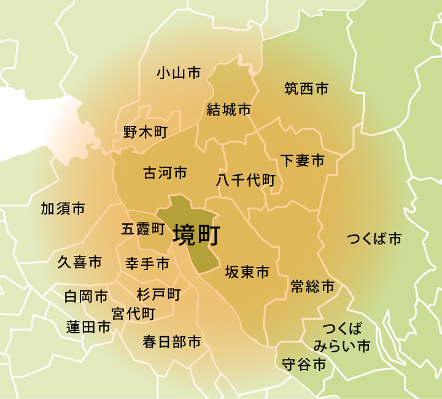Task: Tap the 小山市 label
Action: click(179, 74)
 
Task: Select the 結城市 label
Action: click(229, 110)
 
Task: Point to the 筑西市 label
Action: click(306, 89)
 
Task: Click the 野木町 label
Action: click(145, 132)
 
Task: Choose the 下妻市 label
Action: click(302, 161)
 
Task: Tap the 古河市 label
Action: click(165, 173)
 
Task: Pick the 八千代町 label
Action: click(246, 180)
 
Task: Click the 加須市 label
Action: click(63, 209)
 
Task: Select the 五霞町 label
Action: click(143, 229)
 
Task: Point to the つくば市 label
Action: click(374, 239)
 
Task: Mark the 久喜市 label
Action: click(80, 263)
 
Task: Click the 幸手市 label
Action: click(147, 264)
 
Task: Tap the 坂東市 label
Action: click(247, 272)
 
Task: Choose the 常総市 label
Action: click(312, 286)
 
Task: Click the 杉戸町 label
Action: click(158, 295)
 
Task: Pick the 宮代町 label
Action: click(133, 314)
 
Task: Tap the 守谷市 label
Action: click(304, 365)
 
